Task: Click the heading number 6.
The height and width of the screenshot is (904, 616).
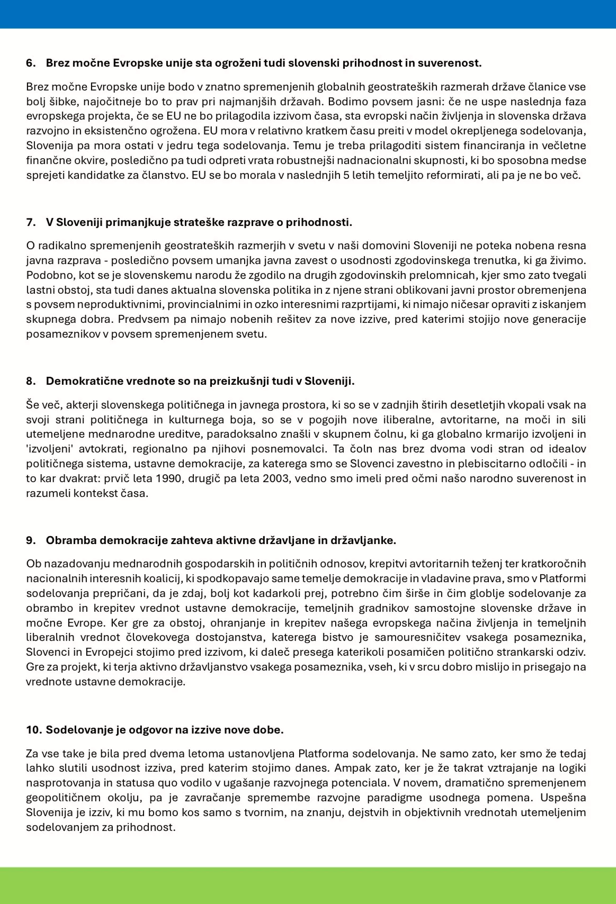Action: pyautogui.click(x=30, y=63)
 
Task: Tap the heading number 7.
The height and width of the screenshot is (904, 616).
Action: pyautogui.click(x=30, y=222)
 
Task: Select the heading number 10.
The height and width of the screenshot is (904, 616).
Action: pyautogui.click(x=33, y=730)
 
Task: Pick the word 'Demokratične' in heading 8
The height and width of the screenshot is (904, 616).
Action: pyautogui.click(x=80, y=381)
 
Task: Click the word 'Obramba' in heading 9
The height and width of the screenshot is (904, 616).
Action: pyautogui.click(x=71, y=540)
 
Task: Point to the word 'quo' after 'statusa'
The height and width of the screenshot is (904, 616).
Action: pyautogui.click(x=229, y=783)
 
